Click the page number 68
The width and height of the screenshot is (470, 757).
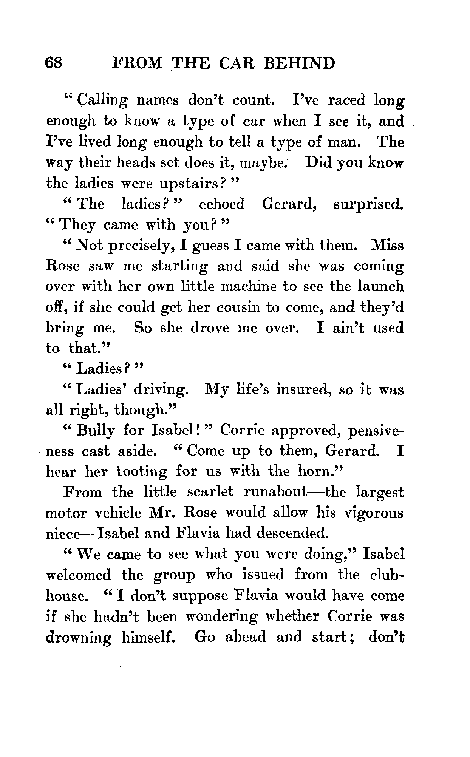tap(53, 63)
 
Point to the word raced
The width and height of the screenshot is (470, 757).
tap(346, 100)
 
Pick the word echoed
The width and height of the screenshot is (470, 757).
tap(221, 204)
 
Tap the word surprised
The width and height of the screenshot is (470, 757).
tap(369, 204)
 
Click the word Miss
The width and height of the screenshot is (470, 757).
tap(388, 246)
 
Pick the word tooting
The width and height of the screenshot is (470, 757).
tap(141, 472)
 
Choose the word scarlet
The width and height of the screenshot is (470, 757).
tap(210, 492)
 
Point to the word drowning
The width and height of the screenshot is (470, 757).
tap(79, 638)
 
